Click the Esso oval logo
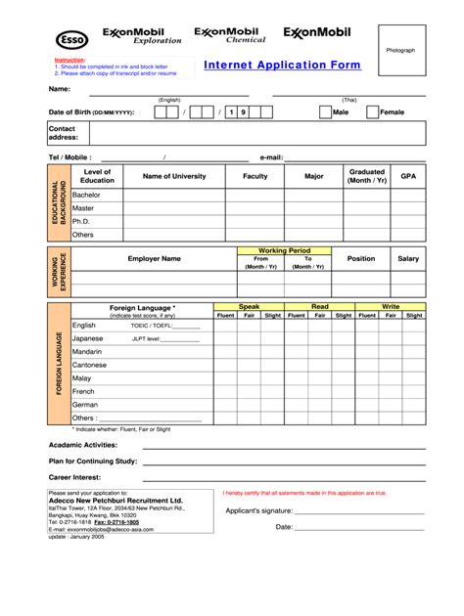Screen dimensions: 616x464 [x=71, y=39]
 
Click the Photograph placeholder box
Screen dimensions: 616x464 [x=400, y=50]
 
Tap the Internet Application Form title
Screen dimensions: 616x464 [x=282, y=66]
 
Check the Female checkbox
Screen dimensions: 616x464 [x=372, y=112]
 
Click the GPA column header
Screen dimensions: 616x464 [x=408, y=176]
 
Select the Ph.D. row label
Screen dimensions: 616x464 [x=81, y=221]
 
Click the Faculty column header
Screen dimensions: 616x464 [x=255, y=176]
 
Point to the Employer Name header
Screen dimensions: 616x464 [x=154, y=259]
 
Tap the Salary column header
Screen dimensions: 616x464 [x=408, y=259]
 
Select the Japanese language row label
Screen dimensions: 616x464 [x=87, y=338]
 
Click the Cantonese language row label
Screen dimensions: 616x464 [x=90, y=365]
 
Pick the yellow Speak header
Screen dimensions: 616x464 [x=250, y=307]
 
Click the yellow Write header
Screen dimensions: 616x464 [x=391, y=307]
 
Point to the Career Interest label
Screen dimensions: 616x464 [x=74, y=477]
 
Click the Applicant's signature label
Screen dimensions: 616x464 [x=259, y=510]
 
